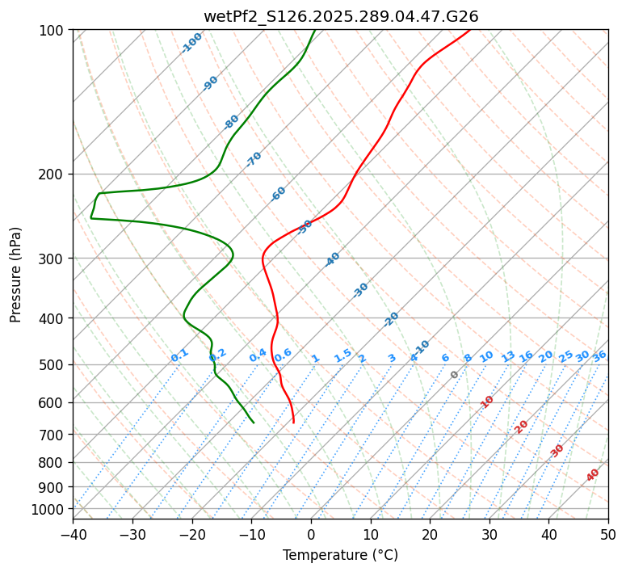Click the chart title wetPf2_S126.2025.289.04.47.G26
[x=340, y=16]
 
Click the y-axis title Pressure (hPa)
[x=16, y=274]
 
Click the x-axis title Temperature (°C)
[x=340, y=555]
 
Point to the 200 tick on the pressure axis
[x=53, y=174]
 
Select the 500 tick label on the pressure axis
[x=53, y=364]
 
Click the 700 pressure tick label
[x=53, y=434]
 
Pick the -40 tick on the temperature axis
[x=73, y=534]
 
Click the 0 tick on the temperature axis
[x=311, y=534]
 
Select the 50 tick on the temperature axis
[x=608, y=534]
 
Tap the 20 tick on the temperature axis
[x=430, y=534]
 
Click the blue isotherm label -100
[x=191, y=43]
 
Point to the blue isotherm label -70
[x=254, y=159]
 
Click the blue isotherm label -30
[x=360, y=290]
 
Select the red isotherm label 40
[x=593, y=475]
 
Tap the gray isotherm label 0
[x=455, y=375]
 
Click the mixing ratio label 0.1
[x=179, y=355]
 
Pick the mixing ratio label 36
[x=599, y=355]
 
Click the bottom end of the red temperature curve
[x=293, y=423]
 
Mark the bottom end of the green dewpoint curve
[x=254, y=423]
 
